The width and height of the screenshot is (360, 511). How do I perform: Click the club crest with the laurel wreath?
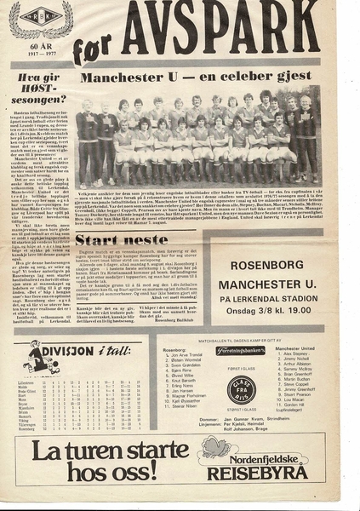pyautogui.click(x=39, y=19)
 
